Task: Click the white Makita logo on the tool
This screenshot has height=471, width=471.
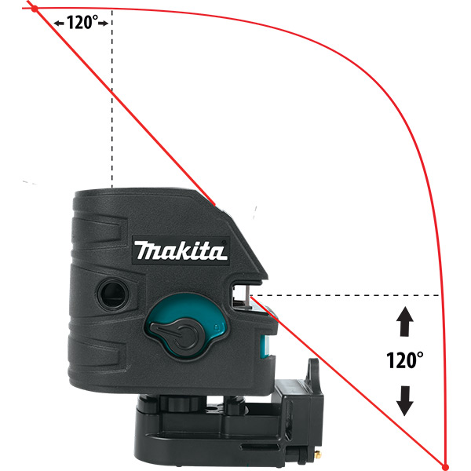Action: coord(181,250)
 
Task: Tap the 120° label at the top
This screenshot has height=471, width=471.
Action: coord(81,22)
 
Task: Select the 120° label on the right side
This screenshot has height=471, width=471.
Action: coord(404,360)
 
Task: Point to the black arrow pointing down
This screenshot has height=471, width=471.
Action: coord(404,400)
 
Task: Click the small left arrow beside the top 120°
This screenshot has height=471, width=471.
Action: coord(59,23)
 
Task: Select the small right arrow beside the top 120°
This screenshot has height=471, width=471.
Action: coord(103,23)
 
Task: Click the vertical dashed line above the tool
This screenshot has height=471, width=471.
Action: coord(111,102)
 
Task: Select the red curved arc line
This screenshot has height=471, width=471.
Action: coord(392,118)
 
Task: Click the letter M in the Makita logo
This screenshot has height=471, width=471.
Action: coord(147,251)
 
